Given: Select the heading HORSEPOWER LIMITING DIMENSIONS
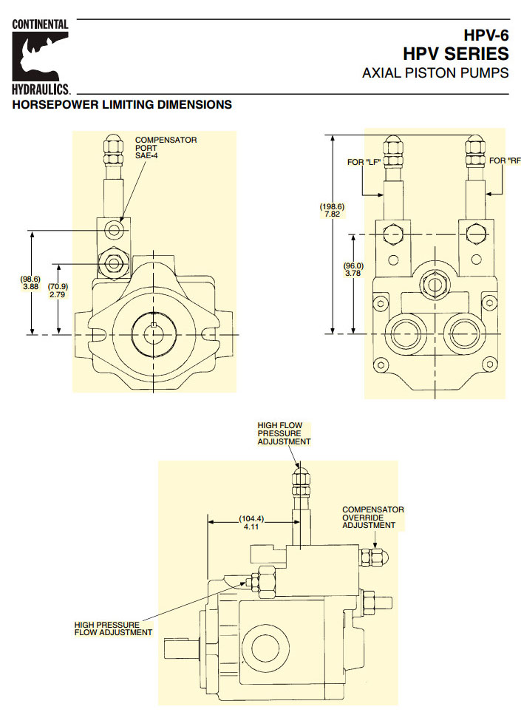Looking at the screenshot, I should [122, 105].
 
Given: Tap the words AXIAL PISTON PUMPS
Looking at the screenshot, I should [435, 73].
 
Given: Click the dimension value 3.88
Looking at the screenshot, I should [30, 287].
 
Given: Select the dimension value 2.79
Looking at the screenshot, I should [58, 294].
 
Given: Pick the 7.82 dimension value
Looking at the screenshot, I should [332, 214].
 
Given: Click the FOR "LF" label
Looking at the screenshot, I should [363, 160].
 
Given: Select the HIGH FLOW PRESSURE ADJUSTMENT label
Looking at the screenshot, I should [284, 433].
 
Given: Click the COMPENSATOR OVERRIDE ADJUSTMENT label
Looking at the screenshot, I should [372, 518].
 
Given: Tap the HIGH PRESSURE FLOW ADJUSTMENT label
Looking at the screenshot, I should [113, 628].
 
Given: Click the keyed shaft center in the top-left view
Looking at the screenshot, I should [153, 333].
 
